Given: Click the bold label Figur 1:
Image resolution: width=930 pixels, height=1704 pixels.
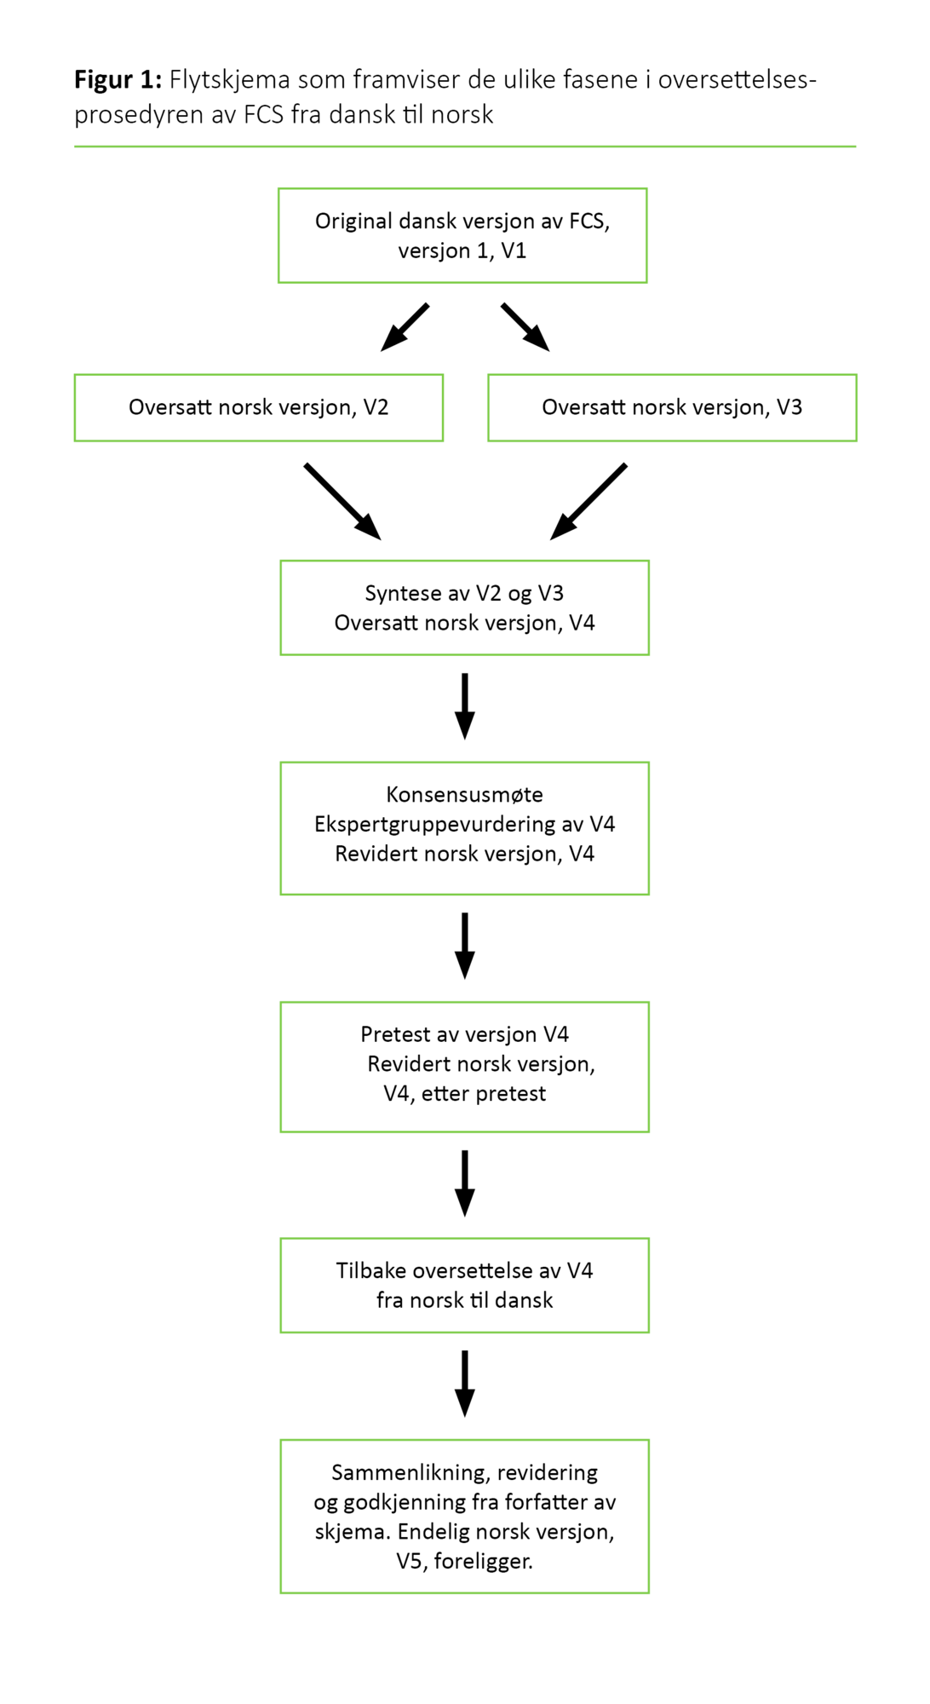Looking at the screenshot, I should point(118,80).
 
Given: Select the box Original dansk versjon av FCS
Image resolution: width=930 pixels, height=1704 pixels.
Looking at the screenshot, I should point(462,236).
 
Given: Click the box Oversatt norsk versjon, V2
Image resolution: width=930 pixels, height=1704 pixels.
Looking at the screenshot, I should point(258,408).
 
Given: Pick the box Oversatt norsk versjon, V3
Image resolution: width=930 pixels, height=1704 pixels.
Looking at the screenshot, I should point(672,408).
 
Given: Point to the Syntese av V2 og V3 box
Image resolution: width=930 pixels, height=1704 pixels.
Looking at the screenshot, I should point(464,607).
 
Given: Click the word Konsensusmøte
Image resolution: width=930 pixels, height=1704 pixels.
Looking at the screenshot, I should point(464,795).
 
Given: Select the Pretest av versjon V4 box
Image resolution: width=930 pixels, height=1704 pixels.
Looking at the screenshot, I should point(464,1067).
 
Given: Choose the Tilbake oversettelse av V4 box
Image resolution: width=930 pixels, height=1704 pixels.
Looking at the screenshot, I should point(464,1285).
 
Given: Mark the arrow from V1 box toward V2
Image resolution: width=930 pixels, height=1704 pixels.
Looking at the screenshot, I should point(405,327).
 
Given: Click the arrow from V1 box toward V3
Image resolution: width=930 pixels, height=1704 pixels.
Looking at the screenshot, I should point(525,327).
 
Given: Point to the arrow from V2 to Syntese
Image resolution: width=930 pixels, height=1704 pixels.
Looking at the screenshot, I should point(342,501).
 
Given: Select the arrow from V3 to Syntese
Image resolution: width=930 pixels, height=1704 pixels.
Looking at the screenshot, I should point(588,501).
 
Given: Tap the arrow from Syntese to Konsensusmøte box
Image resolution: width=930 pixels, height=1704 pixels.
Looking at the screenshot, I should point(464,706).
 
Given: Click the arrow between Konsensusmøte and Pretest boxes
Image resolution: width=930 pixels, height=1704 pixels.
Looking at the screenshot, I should point(464,946).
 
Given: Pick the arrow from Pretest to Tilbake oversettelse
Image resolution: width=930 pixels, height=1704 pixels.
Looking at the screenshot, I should point(464,1183).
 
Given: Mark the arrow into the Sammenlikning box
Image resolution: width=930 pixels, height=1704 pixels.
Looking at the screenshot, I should point(464,1384).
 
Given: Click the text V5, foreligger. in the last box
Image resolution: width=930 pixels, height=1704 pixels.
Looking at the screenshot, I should point(464,1562).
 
